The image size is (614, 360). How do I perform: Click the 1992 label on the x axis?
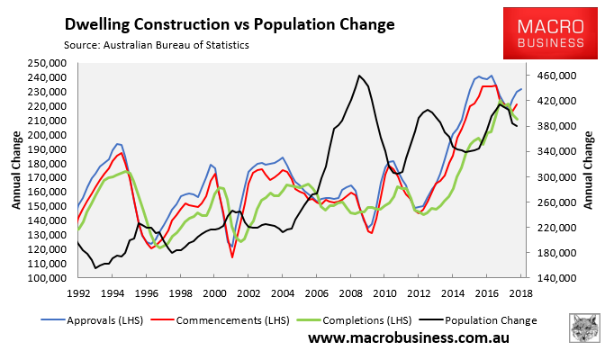pos(78,293)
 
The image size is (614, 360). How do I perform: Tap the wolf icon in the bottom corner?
pos(587,331)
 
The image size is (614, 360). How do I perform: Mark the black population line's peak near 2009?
pos(359,76)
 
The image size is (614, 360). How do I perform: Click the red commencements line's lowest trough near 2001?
pos(232,257)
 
